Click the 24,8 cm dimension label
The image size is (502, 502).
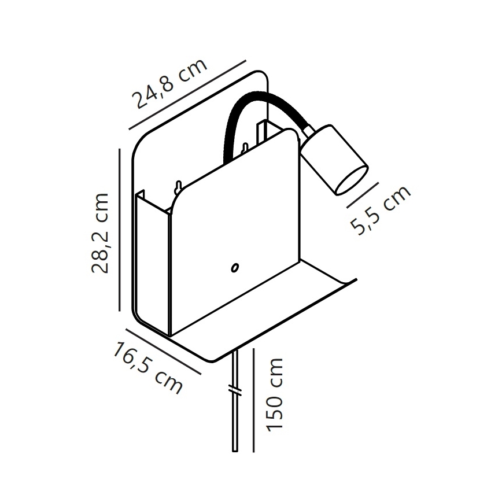[x=170, y=84]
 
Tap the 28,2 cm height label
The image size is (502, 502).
[x=101, y=232]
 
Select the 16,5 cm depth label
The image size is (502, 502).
[x=148, y=367]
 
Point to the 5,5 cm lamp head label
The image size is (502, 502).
[x=382, y=209]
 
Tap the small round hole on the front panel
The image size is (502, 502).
[x=235, y=267]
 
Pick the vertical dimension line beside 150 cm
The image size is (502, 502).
[x=253, y=399]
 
